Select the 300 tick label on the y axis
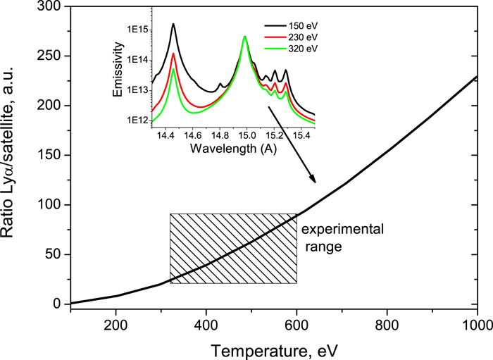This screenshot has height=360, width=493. (x=52, y=7)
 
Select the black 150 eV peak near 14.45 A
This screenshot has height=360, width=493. (x=173, y=25)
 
